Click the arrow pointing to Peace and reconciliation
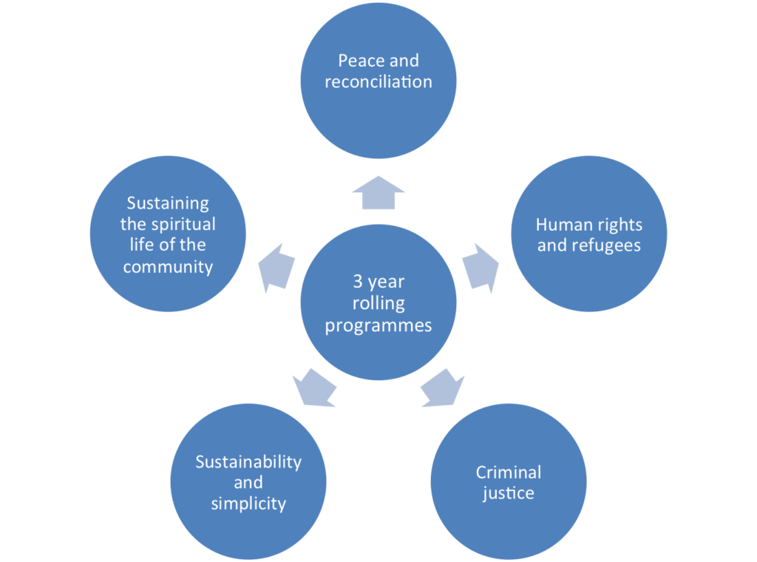(378, 194)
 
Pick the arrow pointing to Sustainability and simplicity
(314, 387)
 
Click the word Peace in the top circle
(358, 61)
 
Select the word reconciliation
(378, 82)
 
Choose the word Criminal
(509, 472)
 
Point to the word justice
(509, 493)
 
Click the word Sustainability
(248, 461)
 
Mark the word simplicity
(248, 504)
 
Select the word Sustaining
(168, 203)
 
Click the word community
(168, 267)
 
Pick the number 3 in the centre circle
(357, 282)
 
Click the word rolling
(378, 304)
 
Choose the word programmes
(378, 325)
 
